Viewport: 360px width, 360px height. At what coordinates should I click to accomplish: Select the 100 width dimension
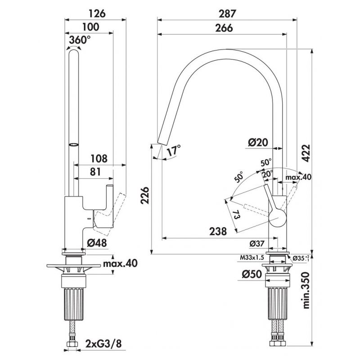coord(93,27)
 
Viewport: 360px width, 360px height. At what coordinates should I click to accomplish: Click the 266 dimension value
coord(224,27)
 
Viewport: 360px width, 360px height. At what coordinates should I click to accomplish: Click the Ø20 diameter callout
coord(258,143)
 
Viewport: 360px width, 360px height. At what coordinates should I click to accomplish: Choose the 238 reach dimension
coord(217,231)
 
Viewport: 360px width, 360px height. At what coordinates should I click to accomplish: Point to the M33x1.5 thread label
coord(251,258)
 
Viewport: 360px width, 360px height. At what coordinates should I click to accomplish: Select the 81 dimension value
coord(94,172)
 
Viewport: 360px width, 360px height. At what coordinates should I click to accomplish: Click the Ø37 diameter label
coord(257,243)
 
